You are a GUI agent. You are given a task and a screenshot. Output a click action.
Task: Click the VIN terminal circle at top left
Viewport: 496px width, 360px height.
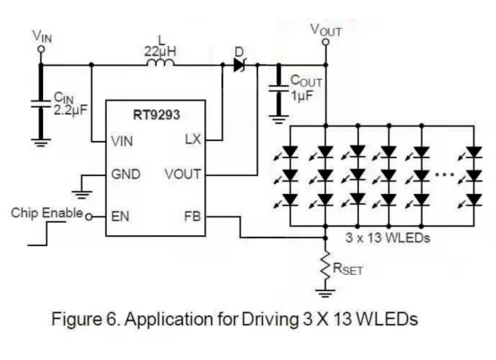coord(40,49)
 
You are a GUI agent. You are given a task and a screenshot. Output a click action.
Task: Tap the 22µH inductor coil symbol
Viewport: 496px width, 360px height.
coord(161,63)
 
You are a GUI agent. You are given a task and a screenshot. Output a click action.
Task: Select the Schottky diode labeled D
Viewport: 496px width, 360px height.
coord(239,65)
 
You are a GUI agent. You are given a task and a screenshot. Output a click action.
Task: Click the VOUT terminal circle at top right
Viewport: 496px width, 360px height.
coord(326,42)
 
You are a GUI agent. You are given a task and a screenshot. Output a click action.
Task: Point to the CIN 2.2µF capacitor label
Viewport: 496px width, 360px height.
coord(70,104)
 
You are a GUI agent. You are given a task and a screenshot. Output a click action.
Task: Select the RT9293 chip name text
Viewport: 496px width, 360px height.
coord(157,115)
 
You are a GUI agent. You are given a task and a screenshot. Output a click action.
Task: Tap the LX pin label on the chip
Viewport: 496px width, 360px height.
coord(193,139)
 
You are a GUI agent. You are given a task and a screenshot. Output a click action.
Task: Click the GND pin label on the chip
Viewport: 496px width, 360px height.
coord(126,174)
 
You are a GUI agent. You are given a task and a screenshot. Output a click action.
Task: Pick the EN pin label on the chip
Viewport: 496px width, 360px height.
coord(120,216)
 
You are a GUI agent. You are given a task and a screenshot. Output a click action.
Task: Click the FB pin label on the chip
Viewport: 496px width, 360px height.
coord(192,216)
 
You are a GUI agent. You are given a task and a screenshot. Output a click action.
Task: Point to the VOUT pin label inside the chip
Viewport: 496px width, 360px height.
coord(182,174)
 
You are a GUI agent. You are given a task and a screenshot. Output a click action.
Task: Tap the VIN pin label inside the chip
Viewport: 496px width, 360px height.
coord(122,141)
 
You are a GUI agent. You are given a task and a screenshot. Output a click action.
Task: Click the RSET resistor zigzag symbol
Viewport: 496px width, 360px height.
coord(326,267)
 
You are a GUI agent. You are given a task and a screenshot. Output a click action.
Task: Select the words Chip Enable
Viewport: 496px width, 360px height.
coord(47,213)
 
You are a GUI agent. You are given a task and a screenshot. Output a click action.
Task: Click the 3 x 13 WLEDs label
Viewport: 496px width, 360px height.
coord(387,238)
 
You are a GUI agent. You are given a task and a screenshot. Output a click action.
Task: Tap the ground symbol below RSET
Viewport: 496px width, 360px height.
coord(326,294)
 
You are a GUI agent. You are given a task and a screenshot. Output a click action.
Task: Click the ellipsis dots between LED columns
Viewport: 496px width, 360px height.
coord(445,174)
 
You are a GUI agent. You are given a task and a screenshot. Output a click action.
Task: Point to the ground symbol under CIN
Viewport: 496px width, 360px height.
coord(40,143)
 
